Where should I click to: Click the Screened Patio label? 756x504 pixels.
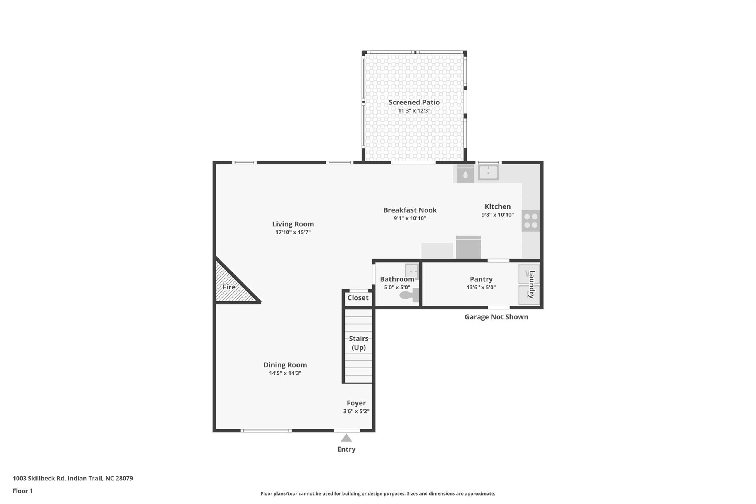click(x=414, y=102)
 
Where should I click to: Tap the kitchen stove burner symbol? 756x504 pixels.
click(x=531, y=221)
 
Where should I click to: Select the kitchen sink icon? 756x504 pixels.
click(x=488, y=172)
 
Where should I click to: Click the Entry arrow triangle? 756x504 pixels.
click(x=346, y=438)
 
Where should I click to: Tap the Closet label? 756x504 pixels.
click(x=358, y=298)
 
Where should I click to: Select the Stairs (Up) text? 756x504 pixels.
click(x=358, y=343)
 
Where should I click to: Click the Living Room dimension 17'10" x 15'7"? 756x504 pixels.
click(x=293, y=232)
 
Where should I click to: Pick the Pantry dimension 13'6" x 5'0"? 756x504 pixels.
click(x=481, y=287)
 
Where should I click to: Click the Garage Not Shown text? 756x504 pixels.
click(x=496, y=317)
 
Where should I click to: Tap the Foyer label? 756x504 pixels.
click(x=356, y=403)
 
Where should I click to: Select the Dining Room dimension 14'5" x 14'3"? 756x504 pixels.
click(x=285, y=373)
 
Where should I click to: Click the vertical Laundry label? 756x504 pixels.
click(x=532, y=284)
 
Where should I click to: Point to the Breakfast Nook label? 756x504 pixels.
click(x=410, y=210)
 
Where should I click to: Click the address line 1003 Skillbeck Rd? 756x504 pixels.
click(x=73, y=478)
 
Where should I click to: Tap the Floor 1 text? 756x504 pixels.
click(x=23, y=491)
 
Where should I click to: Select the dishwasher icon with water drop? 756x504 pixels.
click(x=465, y=174)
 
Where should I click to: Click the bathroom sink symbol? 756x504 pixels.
click(x=412, y=271)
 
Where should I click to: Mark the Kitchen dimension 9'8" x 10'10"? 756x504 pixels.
click(x=497, y=215)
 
